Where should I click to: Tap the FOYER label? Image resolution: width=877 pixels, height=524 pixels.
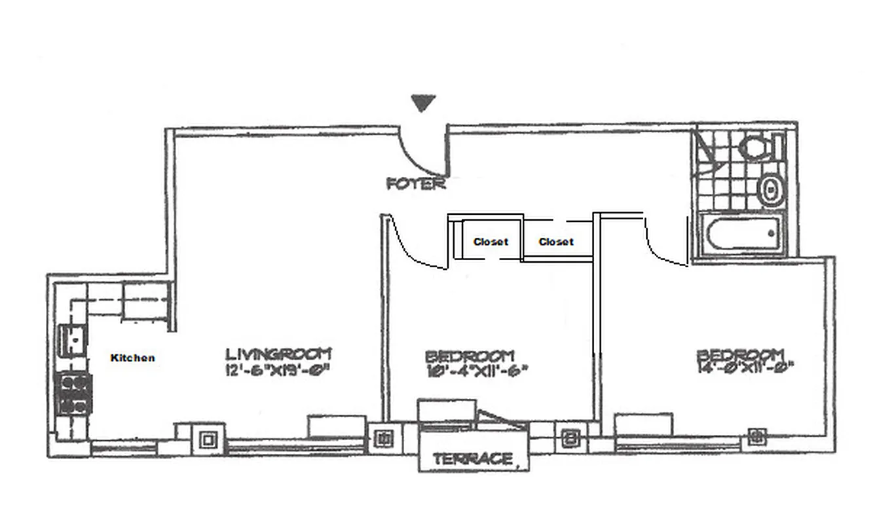416,184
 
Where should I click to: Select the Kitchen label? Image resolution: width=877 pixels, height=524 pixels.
133,358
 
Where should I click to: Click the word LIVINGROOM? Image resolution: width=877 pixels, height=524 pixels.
278,354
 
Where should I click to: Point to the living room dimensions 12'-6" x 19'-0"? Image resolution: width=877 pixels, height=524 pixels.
276,370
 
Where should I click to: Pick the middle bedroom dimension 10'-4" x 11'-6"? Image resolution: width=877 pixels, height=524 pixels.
476,371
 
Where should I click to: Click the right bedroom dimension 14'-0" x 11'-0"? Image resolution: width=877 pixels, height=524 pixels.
745,368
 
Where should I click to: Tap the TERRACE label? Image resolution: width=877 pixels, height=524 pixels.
473,459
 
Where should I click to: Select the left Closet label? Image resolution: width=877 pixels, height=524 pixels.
491,242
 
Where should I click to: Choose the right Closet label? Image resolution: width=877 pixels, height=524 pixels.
556,242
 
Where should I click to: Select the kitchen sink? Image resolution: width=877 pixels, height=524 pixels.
72,340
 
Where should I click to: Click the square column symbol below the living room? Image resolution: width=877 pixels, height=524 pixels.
209,439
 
